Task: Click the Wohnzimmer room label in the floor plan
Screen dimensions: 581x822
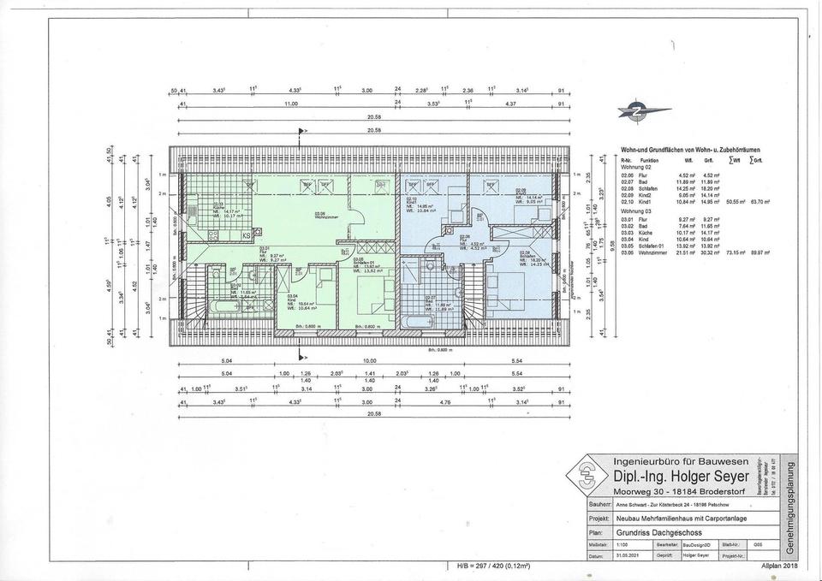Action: [x=320, y=216]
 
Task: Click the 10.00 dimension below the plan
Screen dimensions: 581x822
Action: [x=369, y=361]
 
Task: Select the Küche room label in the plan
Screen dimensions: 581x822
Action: [x=219, y=206]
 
